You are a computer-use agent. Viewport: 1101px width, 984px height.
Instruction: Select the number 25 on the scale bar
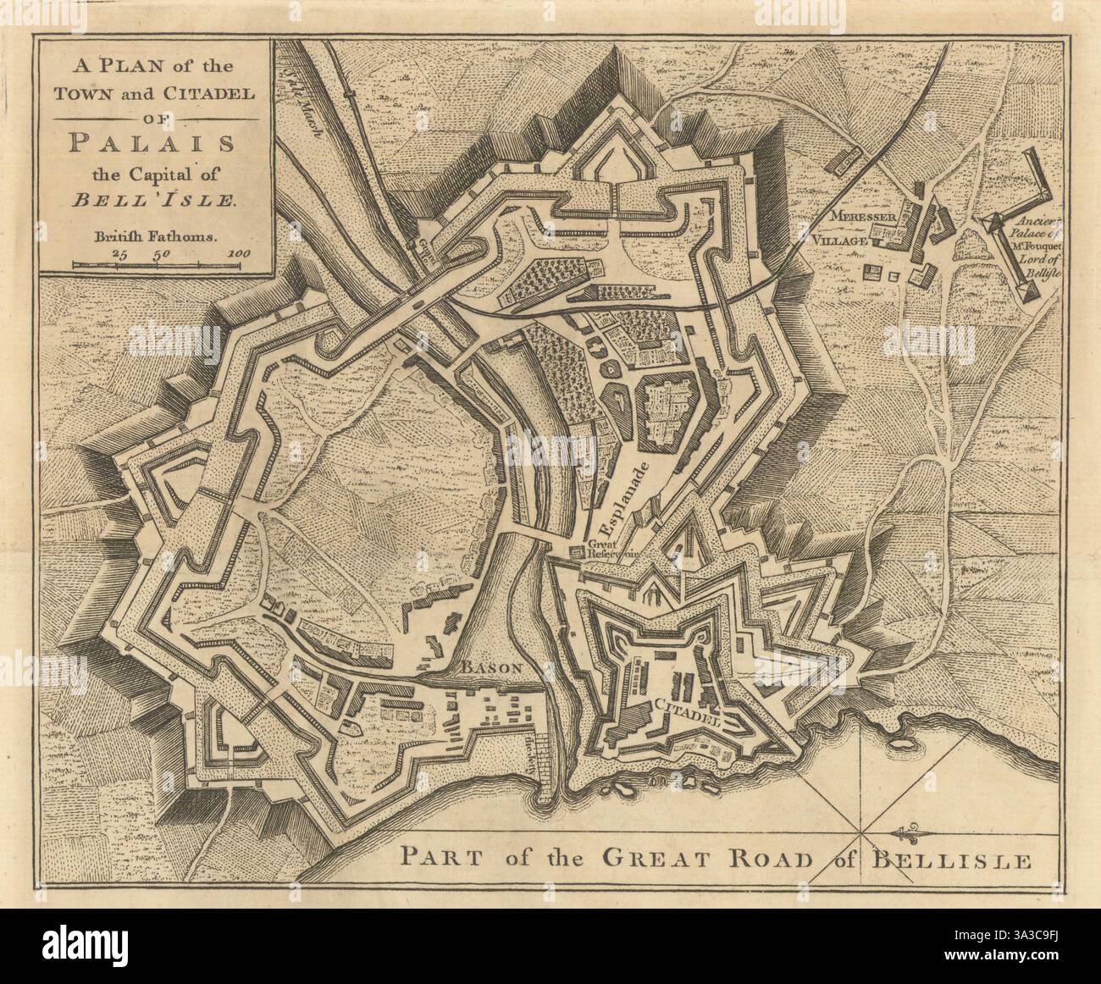119,253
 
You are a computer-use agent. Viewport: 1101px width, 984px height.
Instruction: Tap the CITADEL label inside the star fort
688,712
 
